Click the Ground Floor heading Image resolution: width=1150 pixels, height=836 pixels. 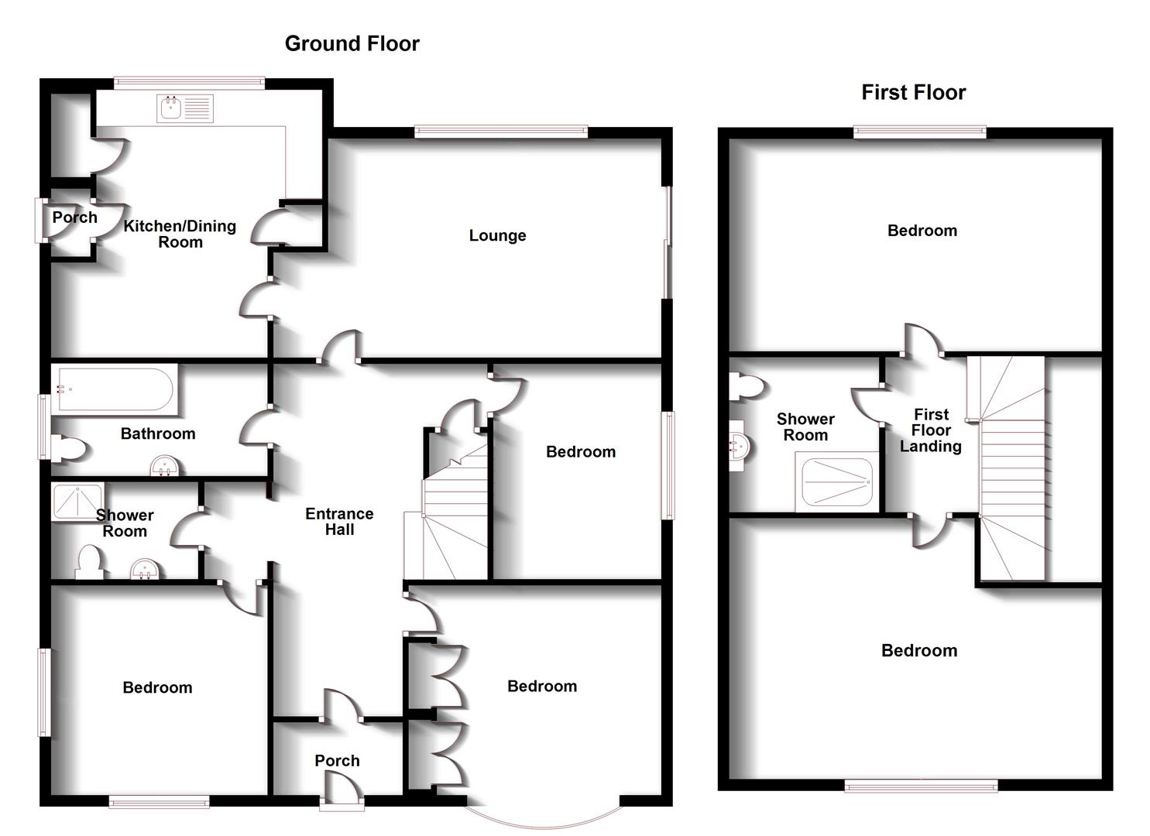click(352, 43)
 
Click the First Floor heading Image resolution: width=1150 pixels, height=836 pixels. click(913, 93)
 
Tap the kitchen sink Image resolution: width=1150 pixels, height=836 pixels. click(185, 108)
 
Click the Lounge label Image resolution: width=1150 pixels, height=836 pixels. click(497, 235)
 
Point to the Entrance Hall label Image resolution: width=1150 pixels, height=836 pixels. click(339, 522)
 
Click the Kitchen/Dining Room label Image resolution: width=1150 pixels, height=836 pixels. click(180, 234)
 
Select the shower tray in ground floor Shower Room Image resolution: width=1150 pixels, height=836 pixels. click(77, 502)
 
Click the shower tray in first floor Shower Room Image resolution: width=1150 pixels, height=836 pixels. click(837, 482)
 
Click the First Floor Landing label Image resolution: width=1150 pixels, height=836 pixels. click(931, 430)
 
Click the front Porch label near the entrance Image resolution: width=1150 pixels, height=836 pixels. click(337, 761)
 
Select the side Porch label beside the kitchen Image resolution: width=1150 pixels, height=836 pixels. click(74, 218)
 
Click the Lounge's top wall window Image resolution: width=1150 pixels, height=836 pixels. click(501, 132)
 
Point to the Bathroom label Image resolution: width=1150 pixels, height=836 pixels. click(158, 433)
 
